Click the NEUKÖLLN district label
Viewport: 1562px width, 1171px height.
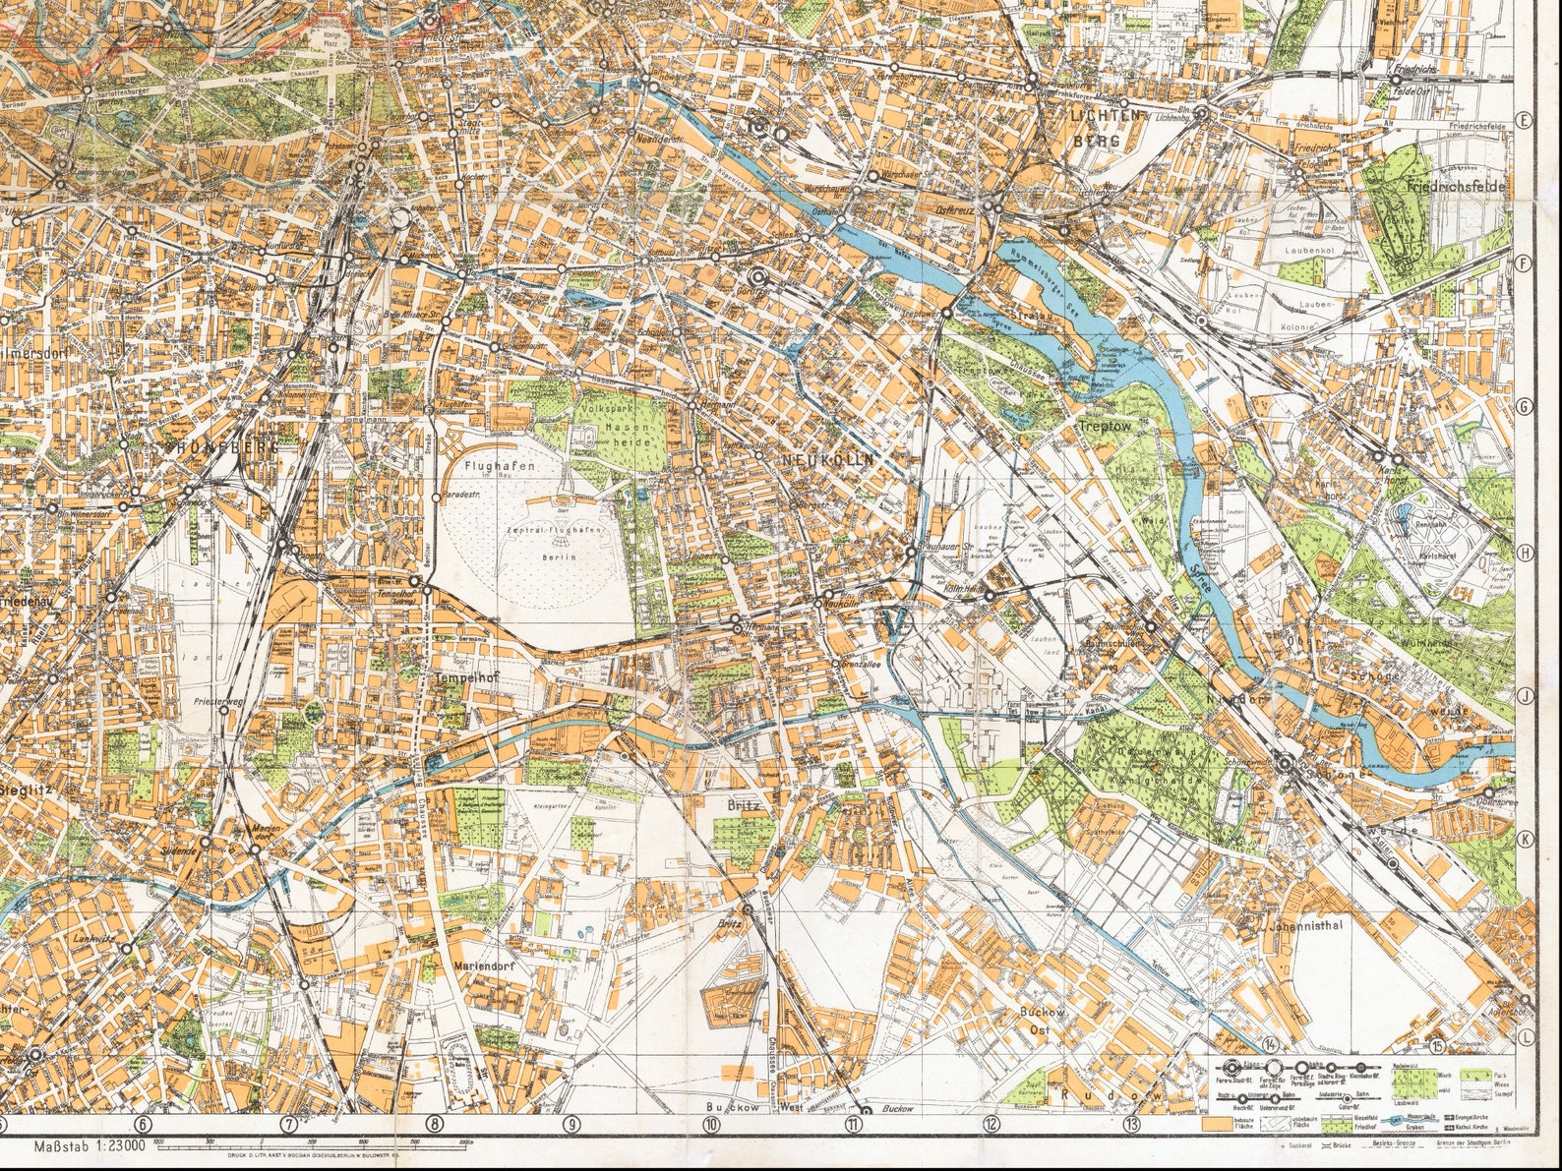pyautogui.click(x=825, y=460)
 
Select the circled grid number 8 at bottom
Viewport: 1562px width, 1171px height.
pyautogui.click(x=435, y=1124)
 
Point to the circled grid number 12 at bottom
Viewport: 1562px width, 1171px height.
pyautogui.click(x=991, y=1124)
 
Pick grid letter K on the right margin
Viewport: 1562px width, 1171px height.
pyautogui.click(x=1525, y=838)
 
